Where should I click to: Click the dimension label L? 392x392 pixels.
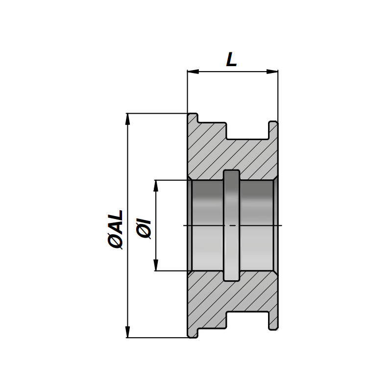[x=231, y=59]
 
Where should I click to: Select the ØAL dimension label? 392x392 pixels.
[x=115, y=230]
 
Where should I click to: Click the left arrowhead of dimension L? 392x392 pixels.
[x=193, y=72]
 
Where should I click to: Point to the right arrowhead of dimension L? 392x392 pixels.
[x=272, y=72]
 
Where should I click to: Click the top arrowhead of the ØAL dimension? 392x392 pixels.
[x=128, y=119]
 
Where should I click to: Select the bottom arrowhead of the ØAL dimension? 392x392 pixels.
[x=128, y=332]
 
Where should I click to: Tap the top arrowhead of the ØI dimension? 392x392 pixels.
[x=156, y=186]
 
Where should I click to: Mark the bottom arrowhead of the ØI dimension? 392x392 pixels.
[x=156, y=265]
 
